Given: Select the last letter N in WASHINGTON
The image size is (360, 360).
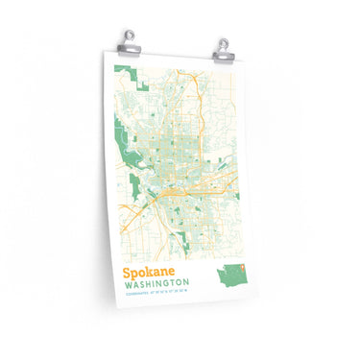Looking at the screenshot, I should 185,285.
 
